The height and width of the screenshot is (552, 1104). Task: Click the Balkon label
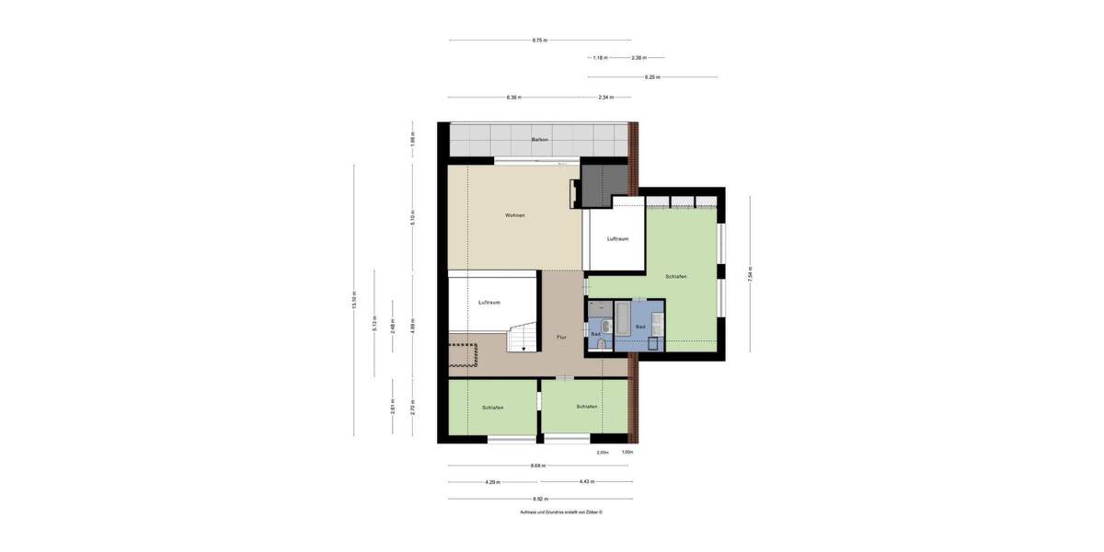click(540, 140)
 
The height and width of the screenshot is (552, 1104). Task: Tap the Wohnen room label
click(515, 215)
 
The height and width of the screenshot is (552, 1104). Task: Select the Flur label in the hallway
click(561, 338)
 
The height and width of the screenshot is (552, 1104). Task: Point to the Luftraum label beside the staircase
click(489, 302)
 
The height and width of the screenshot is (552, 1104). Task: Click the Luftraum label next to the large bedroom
click(618, 239)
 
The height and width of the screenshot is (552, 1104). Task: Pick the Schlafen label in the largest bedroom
click(676, 277)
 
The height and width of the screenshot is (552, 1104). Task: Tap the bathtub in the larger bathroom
click(622, 318)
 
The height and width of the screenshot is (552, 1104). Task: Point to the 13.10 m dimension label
click(354, 300)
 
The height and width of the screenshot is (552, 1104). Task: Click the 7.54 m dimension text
click(751, 273)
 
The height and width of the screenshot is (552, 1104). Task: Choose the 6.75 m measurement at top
click(539, 40)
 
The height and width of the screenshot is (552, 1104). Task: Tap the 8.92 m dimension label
click(539, 499)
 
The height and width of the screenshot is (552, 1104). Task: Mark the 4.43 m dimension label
click(587, 482)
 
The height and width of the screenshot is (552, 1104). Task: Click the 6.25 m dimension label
click(651, 77)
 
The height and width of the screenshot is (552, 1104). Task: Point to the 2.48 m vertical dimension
click(393, 327)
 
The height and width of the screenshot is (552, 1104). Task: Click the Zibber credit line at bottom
click(560, 512)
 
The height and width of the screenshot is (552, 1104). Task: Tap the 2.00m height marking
click(603, 453)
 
